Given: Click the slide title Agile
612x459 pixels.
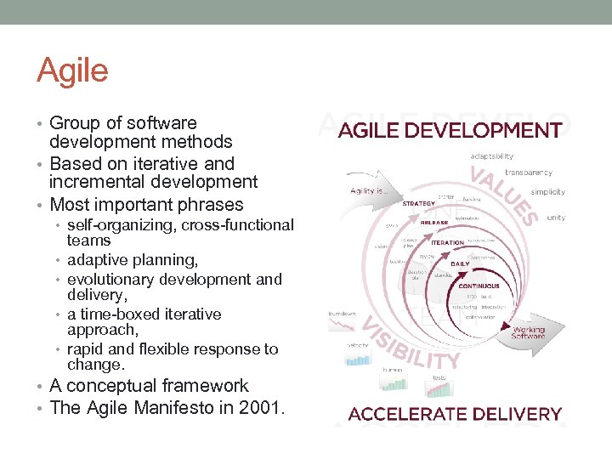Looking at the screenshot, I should coord(72,71).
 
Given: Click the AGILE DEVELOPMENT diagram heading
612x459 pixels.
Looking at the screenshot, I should coord(450,131).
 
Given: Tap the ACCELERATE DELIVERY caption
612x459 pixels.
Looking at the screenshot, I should coord(456,414).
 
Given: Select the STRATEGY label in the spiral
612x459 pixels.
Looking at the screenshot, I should coord(418,203).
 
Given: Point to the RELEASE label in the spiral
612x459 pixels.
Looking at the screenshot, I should coord(433,223).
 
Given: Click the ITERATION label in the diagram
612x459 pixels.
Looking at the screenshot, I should coord(447,242).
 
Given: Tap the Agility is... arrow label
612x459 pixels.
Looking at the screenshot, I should coord(368,192).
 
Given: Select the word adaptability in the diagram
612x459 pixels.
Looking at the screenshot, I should coord(491,156).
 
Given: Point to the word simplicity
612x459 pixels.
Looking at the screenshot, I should coord(548,193).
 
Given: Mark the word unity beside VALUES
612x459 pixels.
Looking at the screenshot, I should coord(556,218).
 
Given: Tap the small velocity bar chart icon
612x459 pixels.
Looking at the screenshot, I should coord(359,358).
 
